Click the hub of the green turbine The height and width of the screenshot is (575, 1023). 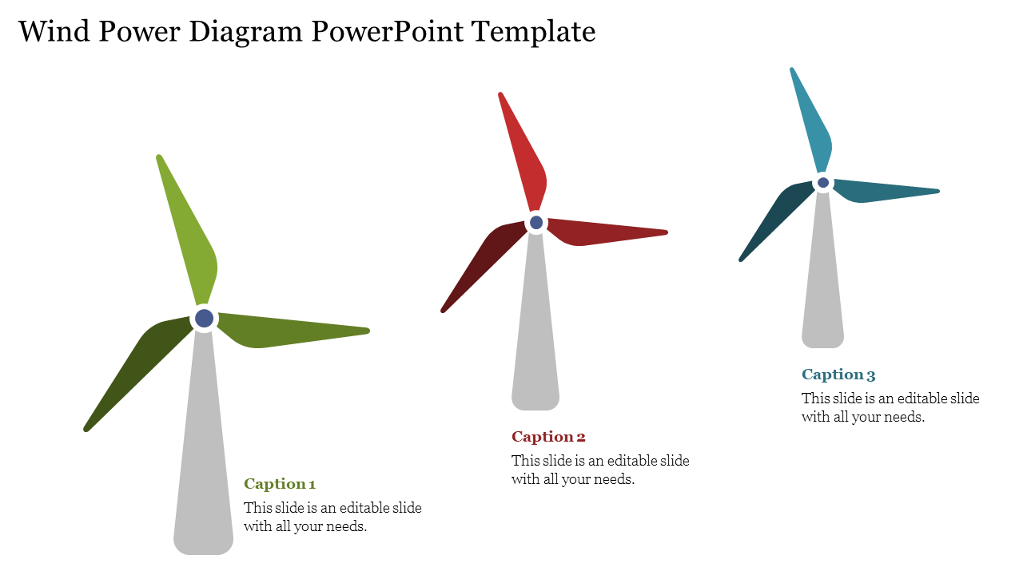pos(204,318)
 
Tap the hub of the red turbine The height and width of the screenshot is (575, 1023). pos(536,223)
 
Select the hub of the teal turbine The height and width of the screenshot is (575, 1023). pos(823,183)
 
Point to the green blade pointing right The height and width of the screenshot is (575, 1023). pos(283,331)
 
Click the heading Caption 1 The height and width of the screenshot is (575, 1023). pos(280,484)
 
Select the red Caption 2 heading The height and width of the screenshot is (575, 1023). pos(548,437)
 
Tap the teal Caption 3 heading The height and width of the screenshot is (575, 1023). pos(838,375)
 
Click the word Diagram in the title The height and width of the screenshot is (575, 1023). pos(245,32)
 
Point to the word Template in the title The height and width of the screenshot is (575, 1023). pos(533,32)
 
